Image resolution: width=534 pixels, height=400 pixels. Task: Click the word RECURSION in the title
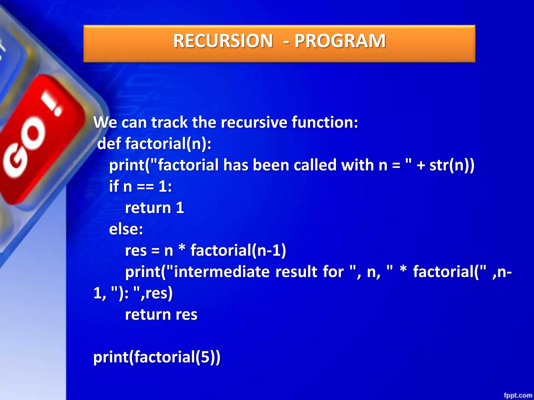click(223, 41)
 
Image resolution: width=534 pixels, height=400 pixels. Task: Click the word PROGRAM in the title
click(340, 41)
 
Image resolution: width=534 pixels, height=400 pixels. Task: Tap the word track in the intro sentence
click(169, 122)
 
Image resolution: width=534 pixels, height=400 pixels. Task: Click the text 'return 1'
click(154, 208)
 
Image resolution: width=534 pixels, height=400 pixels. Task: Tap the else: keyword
click(126, 229)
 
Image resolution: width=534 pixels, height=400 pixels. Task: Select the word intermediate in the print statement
click(222, 272)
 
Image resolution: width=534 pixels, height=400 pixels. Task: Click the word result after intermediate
click(296, 272)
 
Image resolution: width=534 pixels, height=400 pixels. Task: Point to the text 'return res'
click(161, 315)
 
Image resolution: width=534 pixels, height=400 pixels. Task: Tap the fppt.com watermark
click(518, 395)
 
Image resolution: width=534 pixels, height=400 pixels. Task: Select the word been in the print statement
click(271, 165)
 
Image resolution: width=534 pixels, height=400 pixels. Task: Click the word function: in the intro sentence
click(325, 122)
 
